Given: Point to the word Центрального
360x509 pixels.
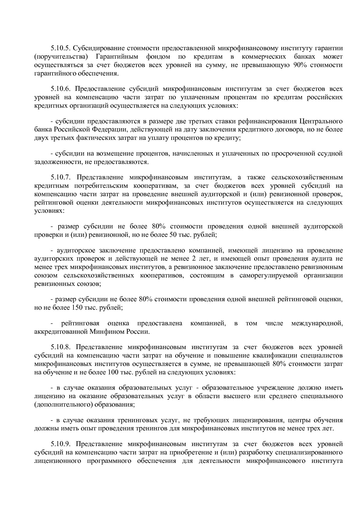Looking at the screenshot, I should pos(321,121).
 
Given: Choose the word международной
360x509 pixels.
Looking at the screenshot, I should pos(317,323).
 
